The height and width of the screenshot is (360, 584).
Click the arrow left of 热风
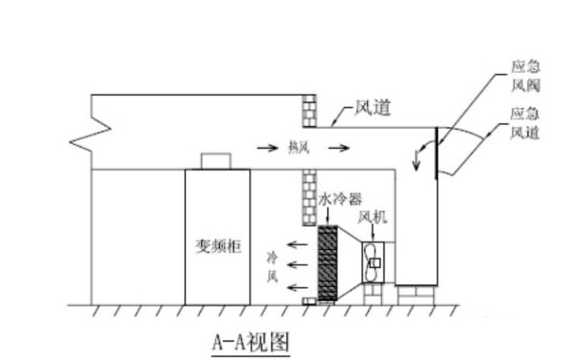pyautogui.click(x=267, y=147)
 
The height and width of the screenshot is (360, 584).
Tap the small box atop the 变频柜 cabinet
pyautogui.click(x=216, y=160)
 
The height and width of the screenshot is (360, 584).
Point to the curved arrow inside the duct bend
pyautogui.click(x=421, y=152)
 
